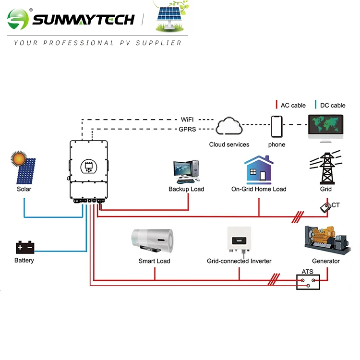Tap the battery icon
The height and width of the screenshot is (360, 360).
coord(24,248)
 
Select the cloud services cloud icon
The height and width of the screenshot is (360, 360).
coord(229,127)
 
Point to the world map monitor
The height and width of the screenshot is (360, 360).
coord(326,126)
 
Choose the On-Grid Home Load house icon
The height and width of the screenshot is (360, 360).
coord(258,169)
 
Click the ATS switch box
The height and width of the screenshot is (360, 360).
coord(308,281)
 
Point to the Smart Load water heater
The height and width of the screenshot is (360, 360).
coord(154,241)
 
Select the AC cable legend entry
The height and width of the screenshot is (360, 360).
coord(291,105)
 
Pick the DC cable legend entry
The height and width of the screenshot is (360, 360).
coord(330,105)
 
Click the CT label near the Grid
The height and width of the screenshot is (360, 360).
coord(336,205)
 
